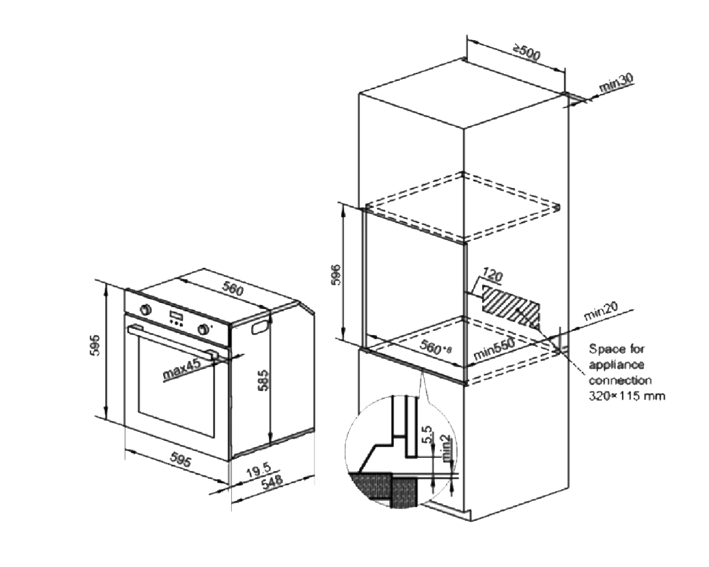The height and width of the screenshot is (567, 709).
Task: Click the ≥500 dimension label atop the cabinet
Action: (527, 52)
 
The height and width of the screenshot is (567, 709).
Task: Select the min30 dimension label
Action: (616, 83)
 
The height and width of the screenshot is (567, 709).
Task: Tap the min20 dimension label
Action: (601, 311)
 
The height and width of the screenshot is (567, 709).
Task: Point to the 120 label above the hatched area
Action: (492, 275)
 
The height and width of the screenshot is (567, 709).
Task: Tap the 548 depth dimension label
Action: (271, 482)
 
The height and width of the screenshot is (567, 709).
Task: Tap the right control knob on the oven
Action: (205, 329)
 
